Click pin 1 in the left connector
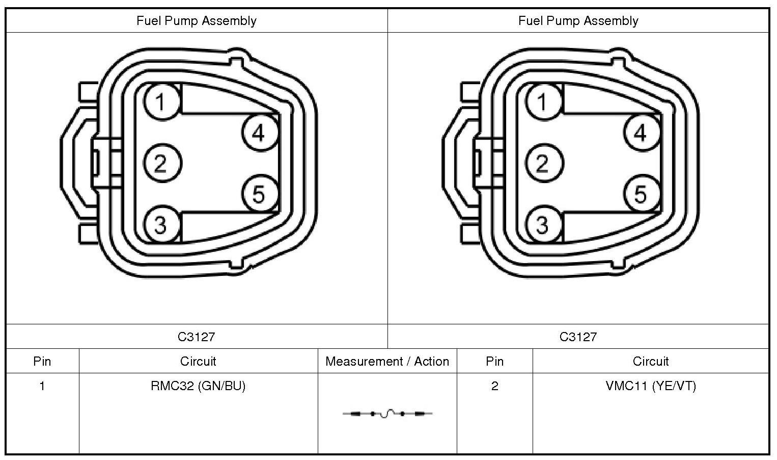[x=162, y=102]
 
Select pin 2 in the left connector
[x=162, y=163]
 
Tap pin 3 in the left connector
[x=162, y=224]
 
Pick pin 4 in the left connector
[x=260, y=133]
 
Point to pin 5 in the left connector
[x=260, y=193]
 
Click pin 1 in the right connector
[x=544, y=102]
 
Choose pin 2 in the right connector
[x=544, y=163]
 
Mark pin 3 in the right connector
[x=544, y=224]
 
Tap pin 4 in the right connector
[x=642, y=133]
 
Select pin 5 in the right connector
[x=642, y=193]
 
